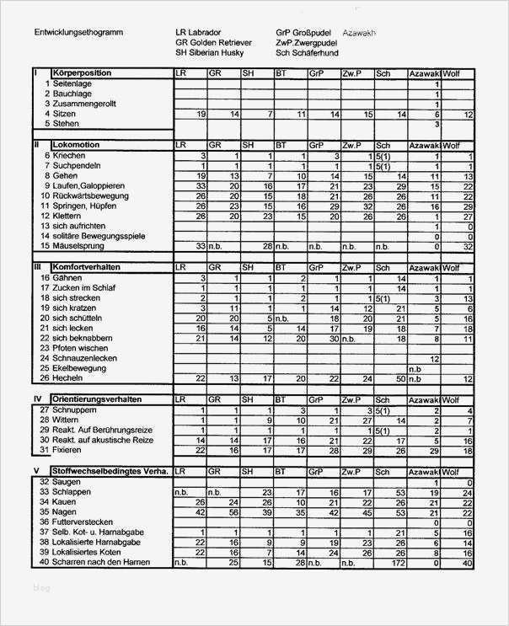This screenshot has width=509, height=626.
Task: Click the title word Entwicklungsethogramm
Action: tap(78, 33)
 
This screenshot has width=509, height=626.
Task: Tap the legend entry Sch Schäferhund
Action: tap(307, 52)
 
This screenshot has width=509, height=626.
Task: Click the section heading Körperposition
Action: tap(83, 74)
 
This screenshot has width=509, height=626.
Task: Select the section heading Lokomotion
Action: tap(76, 145)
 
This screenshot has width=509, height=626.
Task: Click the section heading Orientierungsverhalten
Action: tap(96, 399)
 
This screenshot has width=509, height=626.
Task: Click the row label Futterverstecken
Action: tap(84, 522)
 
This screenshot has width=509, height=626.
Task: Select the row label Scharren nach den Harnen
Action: tap(100, 562)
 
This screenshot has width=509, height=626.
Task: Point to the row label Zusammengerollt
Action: tap(84, 104)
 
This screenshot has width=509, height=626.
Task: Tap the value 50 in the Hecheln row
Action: tap(399, 378)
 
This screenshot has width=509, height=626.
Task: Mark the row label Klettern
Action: tap(67, 216)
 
